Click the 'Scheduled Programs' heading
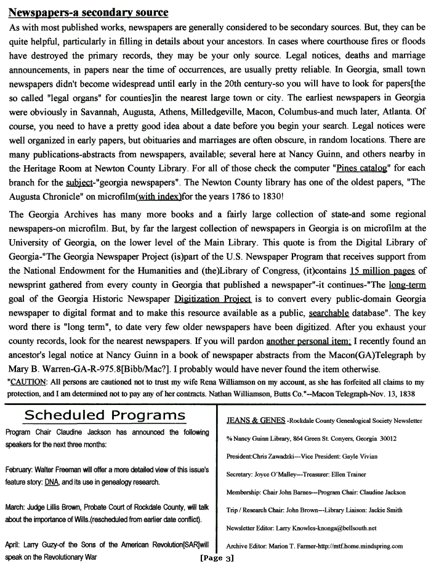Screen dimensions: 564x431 coord(105,415)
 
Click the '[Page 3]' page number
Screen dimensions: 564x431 coord(217,558)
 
